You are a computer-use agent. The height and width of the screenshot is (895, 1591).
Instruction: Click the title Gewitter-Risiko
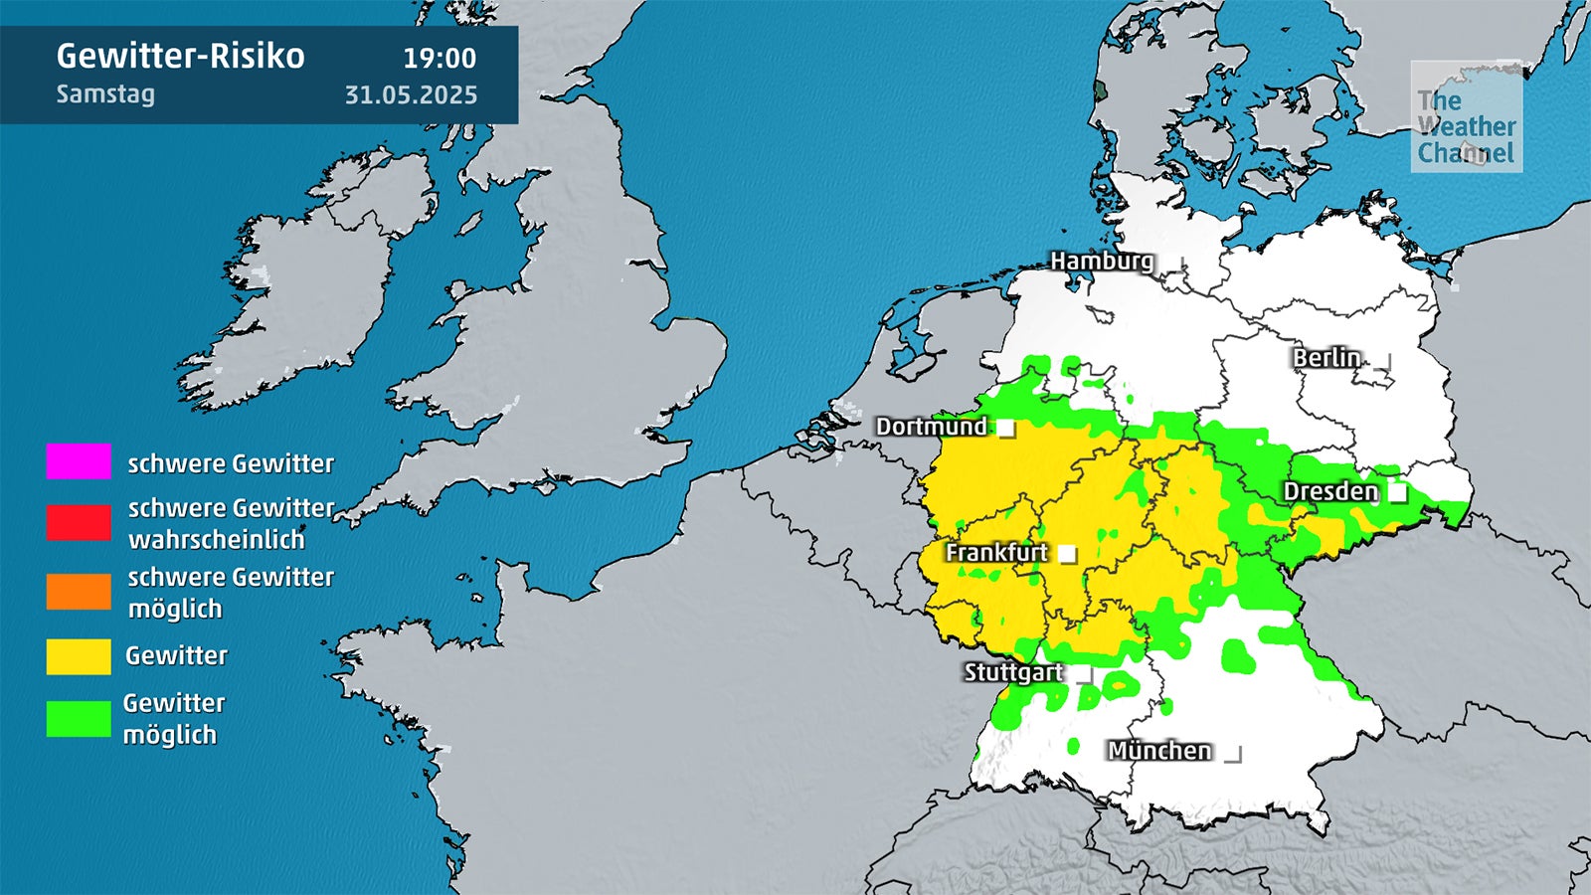coord(180,56)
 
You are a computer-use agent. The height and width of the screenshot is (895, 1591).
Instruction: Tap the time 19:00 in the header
coord(440,58)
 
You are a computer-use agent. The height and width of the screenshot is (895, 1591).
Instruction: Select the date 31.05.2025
coord(411,94)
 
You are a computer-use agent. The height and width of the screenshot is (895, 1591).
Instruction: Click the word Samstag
coord(105,94)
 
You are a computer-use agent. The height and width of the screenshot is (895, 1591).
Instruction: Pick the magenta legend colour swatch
coord(79,461)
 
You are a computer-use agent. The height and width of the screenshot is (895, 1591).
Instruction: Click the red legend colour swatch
coord(79,522)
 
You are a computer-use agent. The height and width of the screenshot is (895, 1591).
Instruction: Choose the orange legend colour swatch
coord(79,592)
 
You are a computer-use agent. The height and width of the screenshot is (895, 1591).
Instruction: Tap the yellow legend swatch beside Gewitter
coord(79,656)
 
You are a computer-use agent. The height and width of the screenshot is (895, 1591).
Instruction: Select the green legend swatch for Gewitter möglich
coord(79,719)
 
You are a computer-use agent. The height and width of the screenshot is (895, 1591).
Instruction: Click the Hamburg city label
coord(1102,261)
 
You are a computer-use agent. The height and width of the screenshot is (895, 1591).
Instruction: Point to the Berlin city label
coord(1326,357)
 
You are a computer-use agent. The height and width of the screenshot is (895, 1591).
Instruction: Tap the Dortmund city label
coord(931,427)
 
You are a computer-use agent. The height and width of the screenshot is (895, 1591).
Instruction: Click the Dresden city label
coord(1330,491)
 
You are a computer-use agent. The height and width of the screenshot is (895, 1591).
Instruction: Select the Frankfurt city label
coord(996,552)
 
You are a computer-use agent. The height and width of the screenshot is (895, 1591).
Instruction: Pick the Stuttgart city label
coord(1013,672)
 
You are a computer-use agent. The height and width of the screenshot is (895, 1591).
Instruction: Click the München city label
coord(1159,751)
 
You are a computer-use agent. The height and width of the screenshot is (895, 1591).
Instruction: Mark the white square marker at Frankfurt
coord(1068,554)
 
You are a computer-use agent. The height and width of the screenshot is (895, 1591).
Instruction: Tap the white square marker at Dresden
coord(1398,492)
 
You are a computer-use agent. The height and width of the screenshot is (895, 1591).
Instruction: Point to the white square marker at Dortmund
coord(1006,429)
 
